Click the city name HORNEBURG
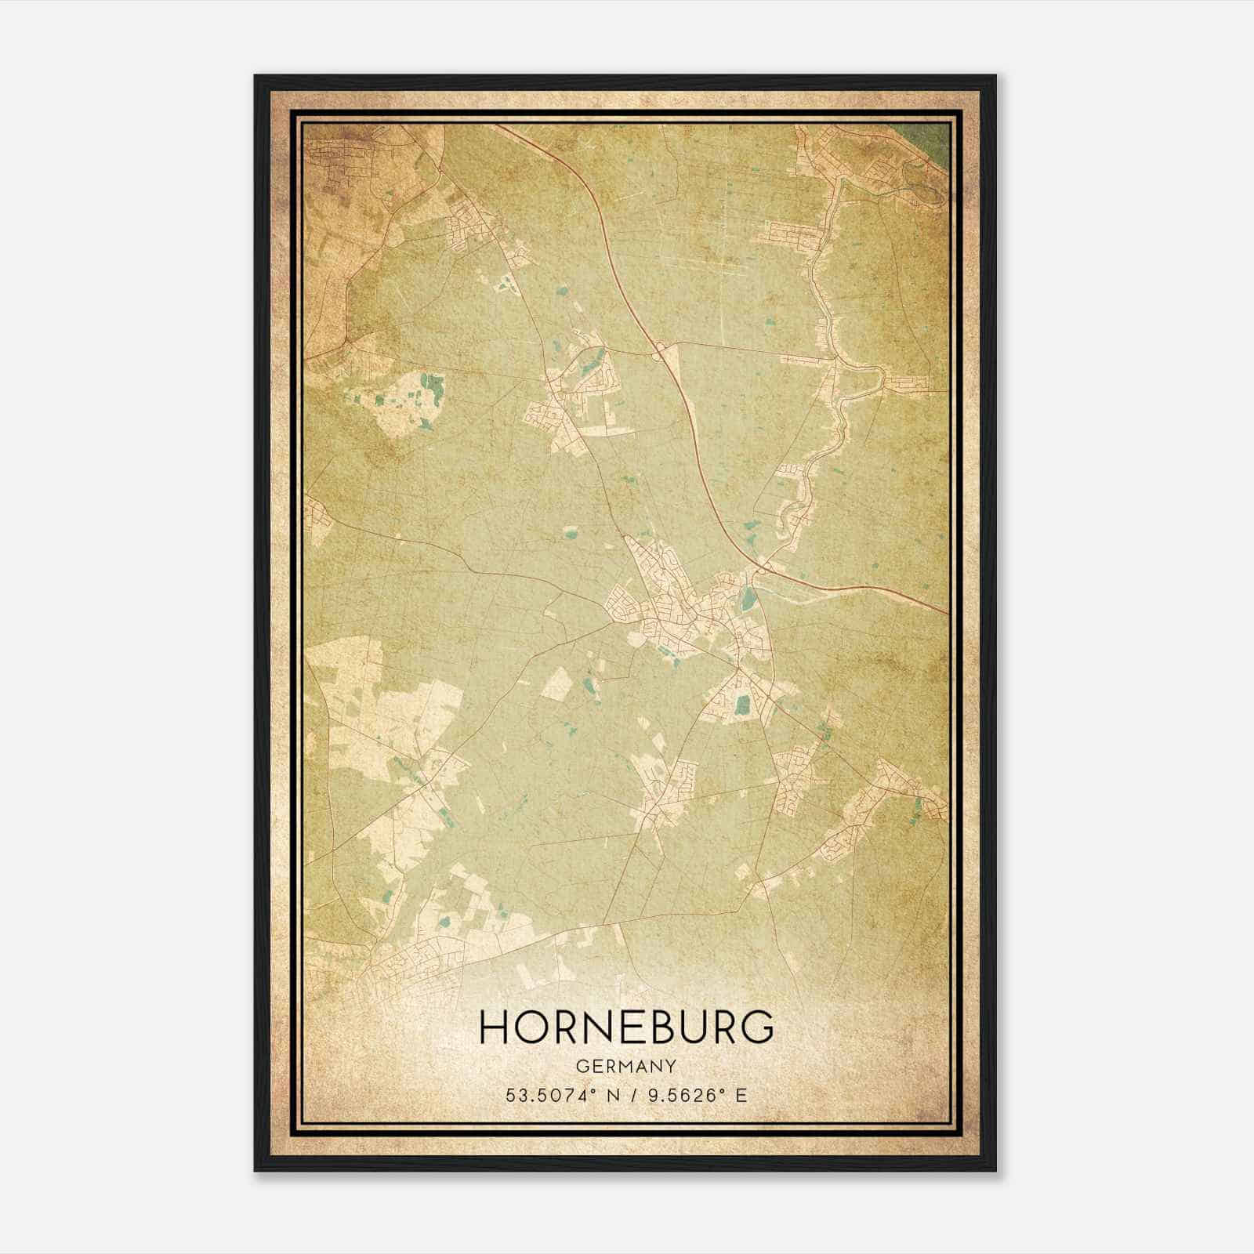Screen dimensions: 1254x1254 [626, 1027]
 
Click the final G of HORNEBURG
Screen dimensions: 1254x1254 [758, 1027]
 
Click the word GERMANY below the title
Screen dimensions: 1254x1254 [626, 1066]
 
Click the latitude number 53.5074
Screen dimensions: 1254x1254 [540, 1095]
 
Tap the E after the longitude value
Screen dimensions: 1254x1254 [741, 1095]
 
